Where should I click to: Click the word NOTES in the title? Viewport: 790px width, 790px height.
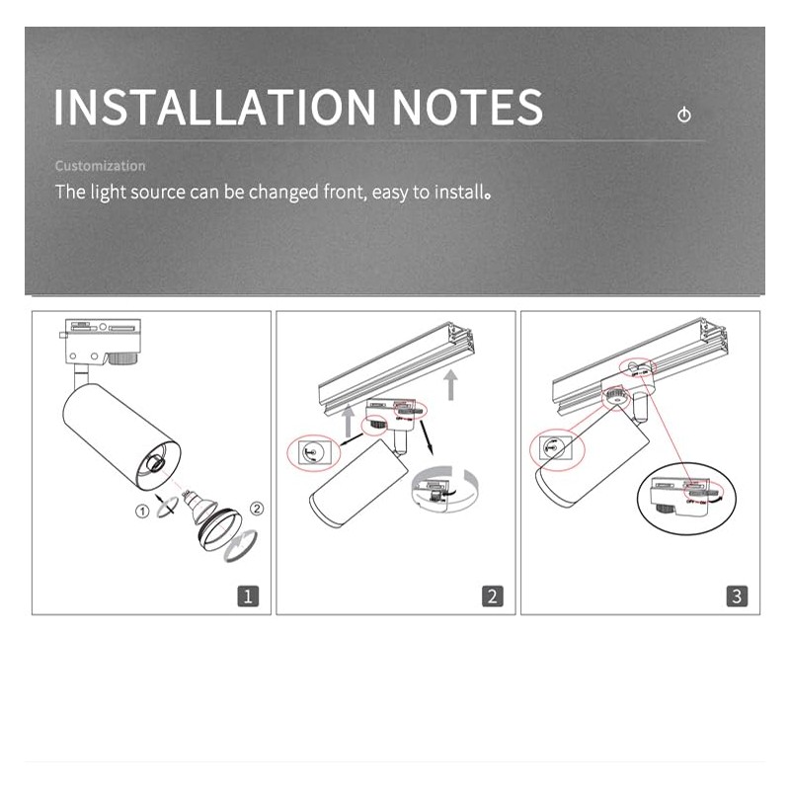coord(467,107)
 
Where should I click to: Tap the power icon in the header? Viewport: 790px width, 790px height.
coord(684,116)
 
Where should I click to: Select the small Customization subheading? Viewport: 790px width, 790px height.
coord(100,166)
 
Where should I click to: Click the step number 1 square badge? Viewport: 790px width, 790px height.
coord(248,595)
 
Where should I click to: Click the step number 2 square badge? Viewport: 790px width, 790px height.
coord(492,595)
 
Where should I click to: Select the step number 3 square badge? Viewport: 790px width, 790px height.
coord(737,595)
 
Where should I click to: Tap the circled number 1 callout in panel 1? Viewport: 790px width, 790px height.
coord(143,511)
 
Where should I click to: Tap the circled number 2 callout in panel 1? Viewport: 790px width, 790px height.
coord(258,511)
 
